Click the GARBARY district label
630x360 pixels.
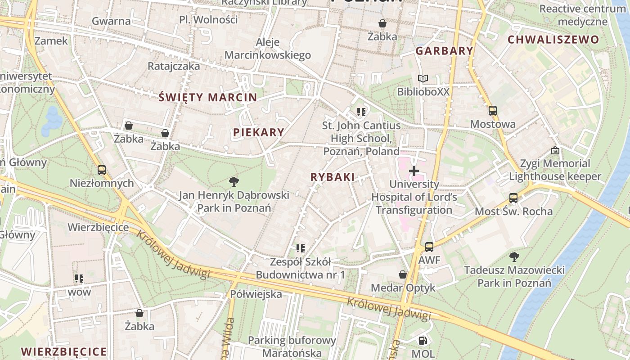pos(444,51)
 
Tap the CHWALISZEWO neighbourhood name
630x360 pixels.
pos(553,40)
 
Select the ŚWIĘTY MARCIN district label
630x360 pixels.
pos(208,97)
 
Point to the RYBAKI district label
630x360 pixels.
pos(333,177)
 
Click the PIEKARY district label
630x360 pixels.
pos(259,132)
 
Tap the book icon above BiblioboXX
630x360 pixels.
pos(423,79)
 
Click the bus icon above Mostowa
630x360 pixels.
pos(493,111)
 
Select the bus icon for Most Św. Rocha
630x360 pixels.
pos(513,198)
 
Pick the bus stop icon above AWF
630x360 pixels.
pos(429,247)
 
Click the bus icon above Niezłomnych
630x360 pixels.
pos(102,170)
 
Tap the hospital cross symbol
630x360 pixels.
pos(414,171)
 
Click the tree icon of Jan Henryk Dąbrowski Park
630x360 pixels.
pos(234,182)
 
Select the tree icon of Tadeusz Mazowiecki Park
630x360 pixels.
pos(514,257)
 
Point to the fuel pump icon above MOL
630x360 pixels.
pos(423,341)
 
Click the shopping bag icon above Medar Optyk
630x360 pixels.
pos(403,274)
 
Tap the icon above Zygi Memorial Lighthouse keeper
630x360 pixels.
pos(555,150)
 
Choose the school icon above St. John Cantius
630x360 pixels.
pos(361,112)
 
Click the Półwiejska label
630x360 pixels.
pos(256,294)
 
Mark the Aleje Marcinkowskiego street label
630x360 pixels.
pos(268,49)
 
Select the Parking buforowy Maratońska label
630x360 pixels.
pos(292,346)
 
